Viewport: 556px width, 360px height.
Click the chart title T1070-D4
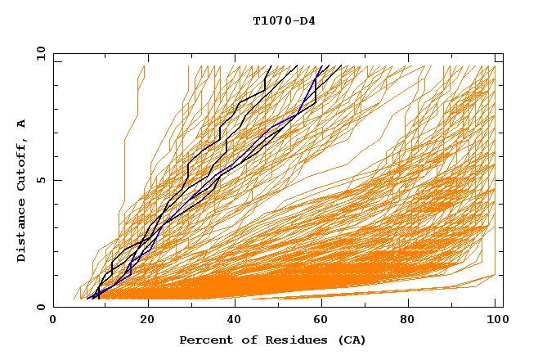[x=284, y=21]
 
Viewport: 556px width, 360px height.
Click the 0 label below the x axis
[x=54, y=320]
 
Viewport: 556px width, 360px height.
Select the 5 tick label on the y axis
[x=40, y=180]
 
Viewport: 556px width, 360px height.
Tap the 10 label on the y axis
[x=38, y=53]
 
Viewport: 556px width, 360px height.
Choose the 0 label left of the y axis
[x=40, y=307]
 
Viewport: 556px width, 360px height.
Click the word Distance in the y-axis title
[x=22, y=232]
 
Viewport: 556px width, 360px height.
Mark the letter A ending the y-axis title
[x=22, y=123]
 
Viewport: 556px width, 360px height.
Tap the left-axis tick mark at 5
[x=56, y=180]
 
